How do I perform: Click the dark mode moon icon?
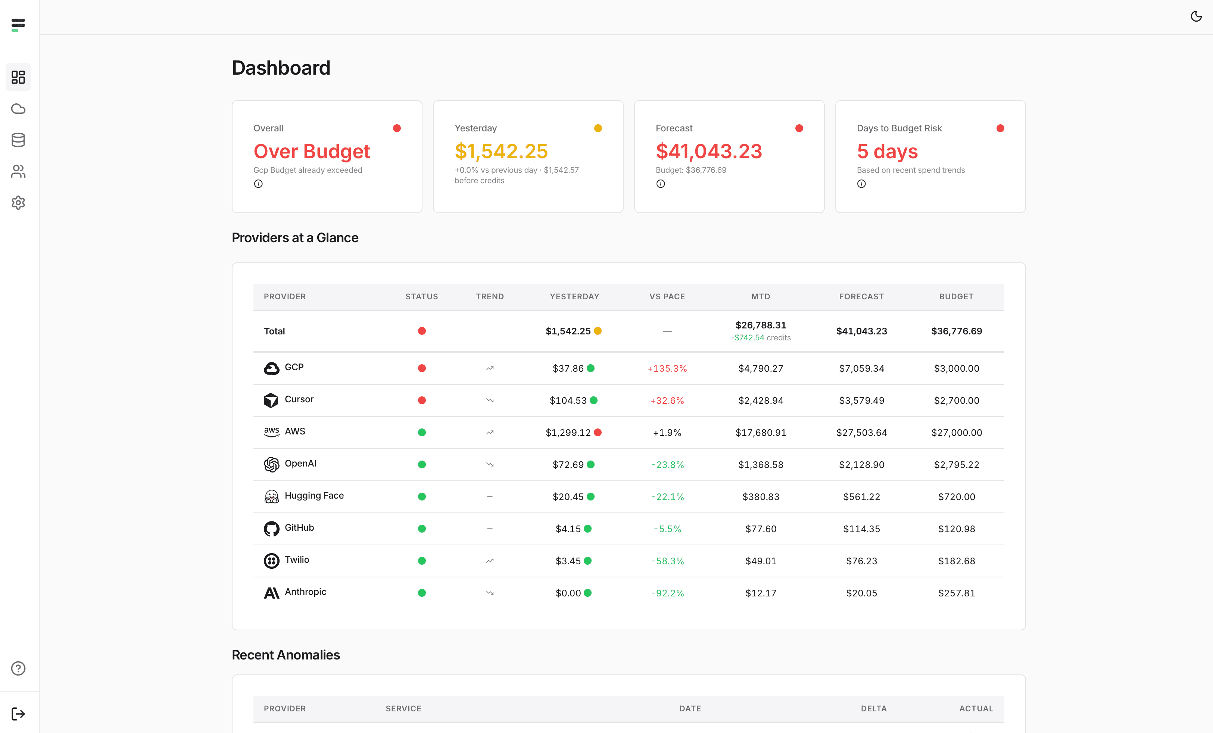[1196, 17]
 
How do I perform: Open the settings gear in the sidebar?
[18, 202]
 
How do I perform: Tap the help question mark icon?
[18, 668]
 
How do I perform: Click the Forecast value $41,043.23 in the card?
[708, 151]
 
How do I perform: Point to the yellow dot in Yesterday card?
[598, 128]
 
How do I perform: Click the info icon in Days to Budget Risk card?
[861, 184]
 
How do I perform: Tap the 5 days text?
[887, 151]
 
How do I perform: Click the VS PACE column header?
[667, 296]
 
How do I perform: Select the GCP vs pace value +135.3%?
[667, 368]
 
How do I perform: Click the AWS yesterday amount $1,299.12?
[568, 432]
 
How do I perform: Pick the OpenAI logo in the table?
[271, 464]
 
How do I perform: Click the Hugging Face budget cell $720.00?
[956, 497]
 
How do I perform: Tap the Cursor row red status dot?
[421, 400]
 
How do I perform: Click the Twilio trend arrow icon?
[489, 561]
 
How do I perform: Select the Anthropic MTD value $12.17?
[760, 593]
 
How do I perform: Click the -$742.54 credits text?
[760, 338]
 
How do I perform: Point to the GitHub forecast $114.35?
[861, 529]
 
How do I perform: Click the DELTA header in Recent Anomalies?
[873, 708]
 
